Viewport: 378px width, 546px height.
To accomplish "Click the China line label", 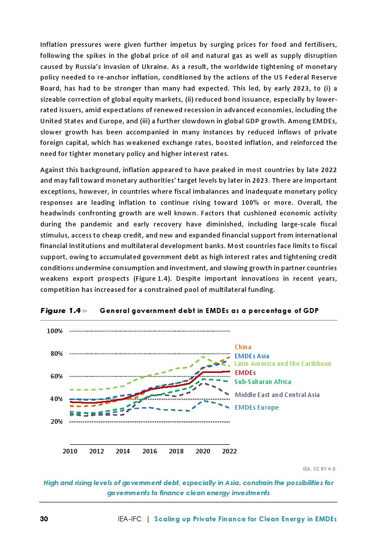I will tap(243, 347).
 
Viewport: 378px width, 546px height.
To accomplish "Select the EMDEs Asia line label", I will tap(252, 356).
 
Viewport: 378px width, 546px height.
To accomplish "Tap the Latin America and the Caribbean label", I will tap(283, 363).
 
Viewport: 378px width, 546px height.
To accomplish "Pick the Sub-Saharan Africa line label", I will tap(263, 382).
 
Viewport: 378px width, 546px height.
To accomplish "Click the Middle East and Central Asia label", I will tap(277, 395).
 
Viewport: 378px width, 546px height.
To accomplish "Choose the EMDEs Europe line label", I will tap(256, 408).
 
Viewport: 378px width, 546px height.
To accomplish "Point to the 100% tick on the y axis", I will tap(54, 331).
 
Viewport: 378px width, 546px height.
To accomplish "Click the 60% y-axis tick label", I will tap(55, 376).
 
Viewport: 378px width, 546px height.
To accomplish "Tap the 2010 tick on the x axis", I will tap(69, 451).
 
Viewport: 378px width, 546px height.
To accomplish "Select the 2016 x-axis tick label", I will tap(149, 451).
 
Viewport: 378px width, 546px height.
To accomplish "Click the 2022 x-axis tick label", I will tap(229, 451).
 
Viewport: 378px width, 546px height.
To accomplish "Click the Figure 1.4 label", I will tap(61, 311).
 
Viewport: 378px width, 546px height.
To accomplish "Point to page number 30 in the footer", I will tap(44, 519).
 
